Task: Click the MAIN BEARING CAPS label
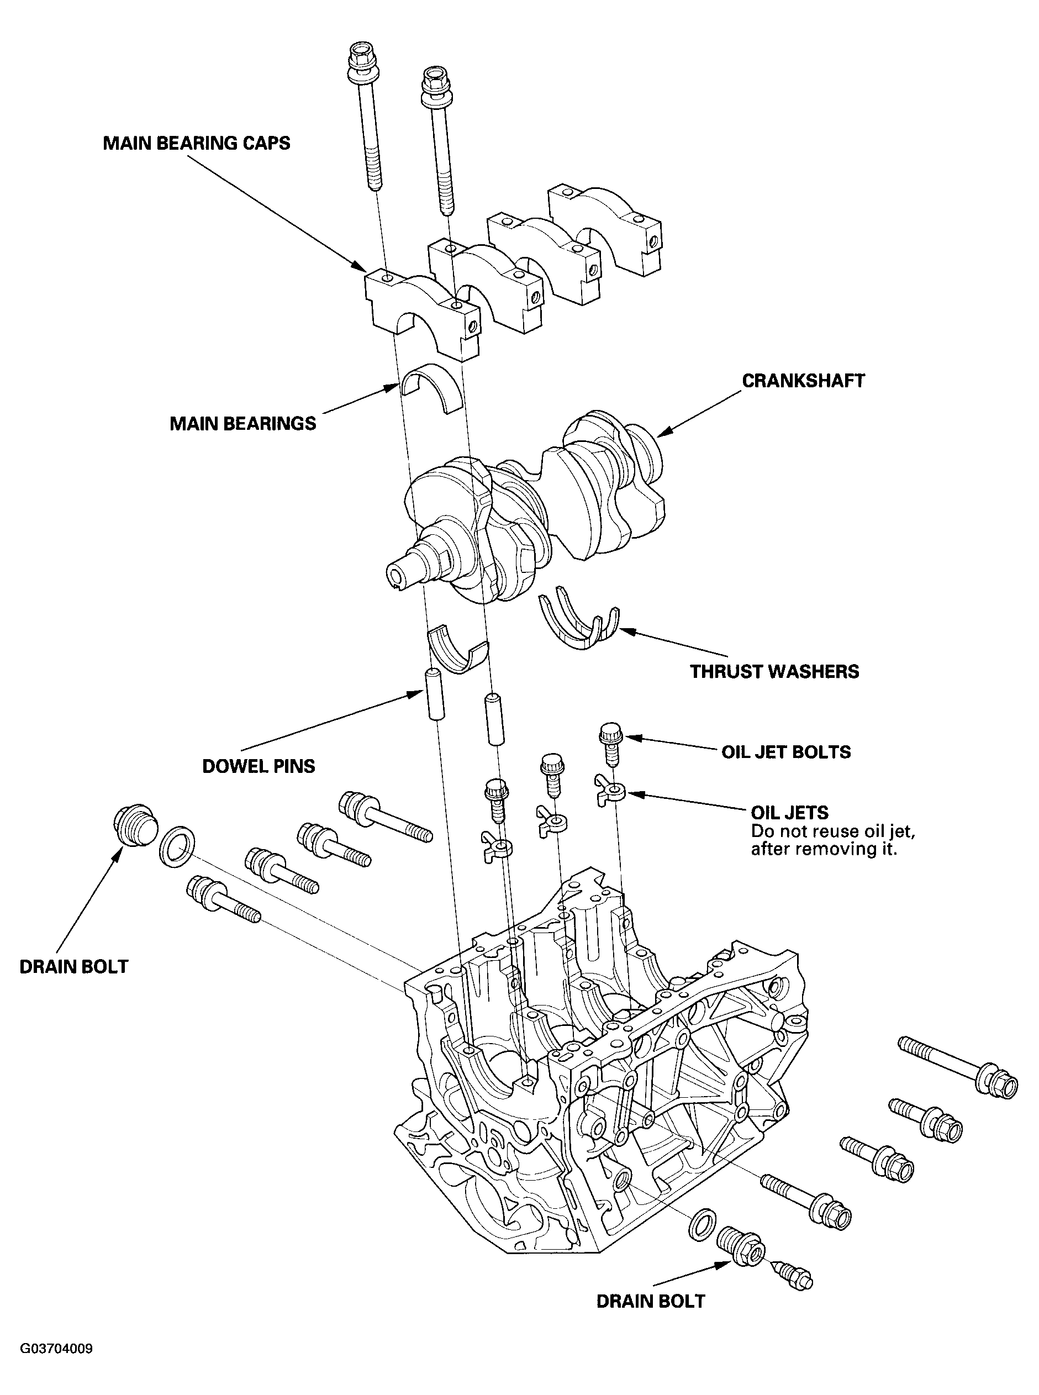tap(196, 144)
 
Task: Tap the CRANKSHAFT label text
tap(803, 381)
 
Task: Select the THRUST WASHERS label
tap(774, 672)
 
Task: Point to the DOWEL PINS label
tap(259, 766)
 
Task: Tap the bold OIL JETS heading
tap(789, 813)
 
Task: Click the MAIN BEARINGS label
tap(243, 423)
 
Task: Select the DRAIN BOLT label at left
tap(73, 967)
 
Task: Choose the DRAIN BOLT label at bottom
tap(650, 1301)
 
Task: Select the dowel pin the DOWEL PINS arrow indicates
tap(434, 695)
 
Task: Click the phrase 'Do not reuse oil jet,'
tap(833, 832)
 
